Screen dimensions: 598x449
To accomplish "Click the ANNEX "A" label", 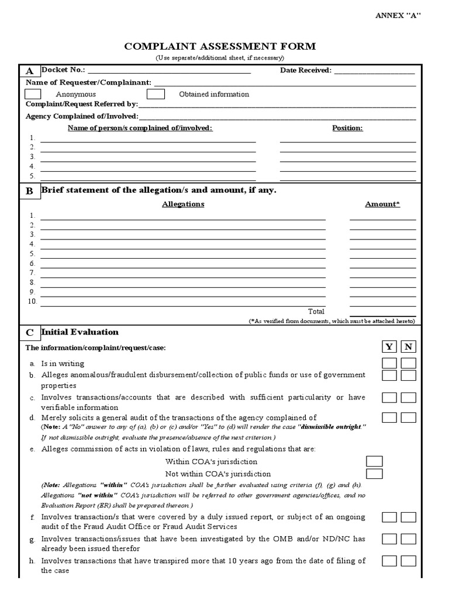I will [398, 15].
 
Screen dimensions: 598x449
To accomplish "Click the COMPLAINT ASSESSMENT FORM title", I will [219, 47].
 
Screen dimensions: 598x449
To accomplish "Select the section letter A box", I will [29, 71].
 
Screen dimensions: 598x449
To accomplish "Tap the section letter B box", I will [29, 191].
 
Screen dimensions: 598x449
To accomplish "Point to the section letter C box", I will [29, 333].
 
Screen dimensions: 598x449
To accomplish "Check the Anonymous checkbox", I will [33, 94].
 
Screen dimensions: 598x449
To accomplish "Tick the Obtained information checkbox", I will [156, 94].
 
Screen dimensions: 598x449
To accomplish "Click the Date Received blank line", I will [374, 71].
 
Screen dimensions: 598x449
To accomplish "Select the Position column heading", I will [347, 128].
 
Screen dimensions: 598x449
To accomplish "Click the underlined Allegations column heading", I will [183, 204].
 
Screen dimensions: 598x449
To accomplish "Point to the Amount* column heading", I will [382, 204].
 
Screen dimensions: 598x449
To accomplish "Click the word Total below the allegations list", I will [316, 311].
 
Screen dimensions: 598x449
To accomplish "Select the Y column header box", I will [389, 347].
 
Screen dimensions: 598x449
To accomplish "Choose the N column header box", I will [409, 347].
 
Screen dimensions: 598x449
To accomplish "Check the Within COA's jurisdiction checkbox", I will [374, 461].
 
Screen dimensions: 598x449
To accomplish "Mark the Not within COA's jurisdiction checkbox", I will [374, 474].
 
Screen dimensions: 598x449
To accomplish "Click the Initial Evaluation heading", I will [80, 332].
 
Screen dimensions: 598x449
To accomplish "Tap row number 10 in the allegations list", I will [32, 301].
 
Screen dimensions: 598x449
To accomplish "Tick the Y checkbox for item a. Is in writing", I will [389, 363].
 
